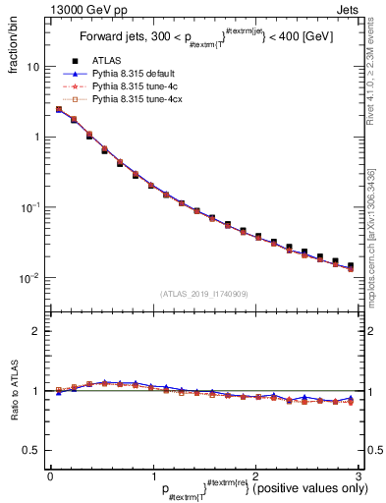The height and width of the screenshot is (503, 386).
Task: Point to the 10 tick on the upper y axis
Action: tap(31, 67)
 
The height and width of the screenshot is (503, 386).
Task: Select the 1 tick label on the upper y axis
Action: tap(35, 138)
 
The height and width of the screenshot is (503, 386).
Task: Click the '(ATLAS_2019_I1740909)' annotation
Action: tap(203, 293)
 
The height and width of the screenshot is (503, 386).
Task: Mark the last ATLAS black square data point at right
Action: tap(350, 265)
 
